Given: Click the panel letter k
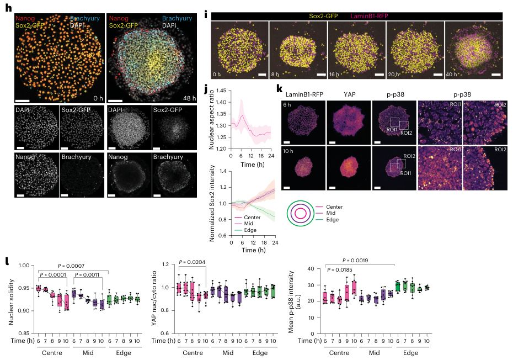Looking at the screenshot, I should coord(280,88).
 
